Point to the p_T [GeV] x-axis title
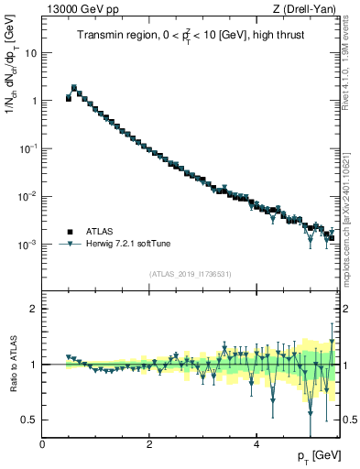point(315,455)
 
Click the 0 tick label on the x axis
point(43,444)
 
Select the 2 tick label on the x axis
point(149,444)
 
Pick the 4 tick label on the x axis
point(256,444)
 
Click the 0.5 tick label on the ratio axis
point(30,420)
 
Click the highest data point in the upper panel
point(74,88)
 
